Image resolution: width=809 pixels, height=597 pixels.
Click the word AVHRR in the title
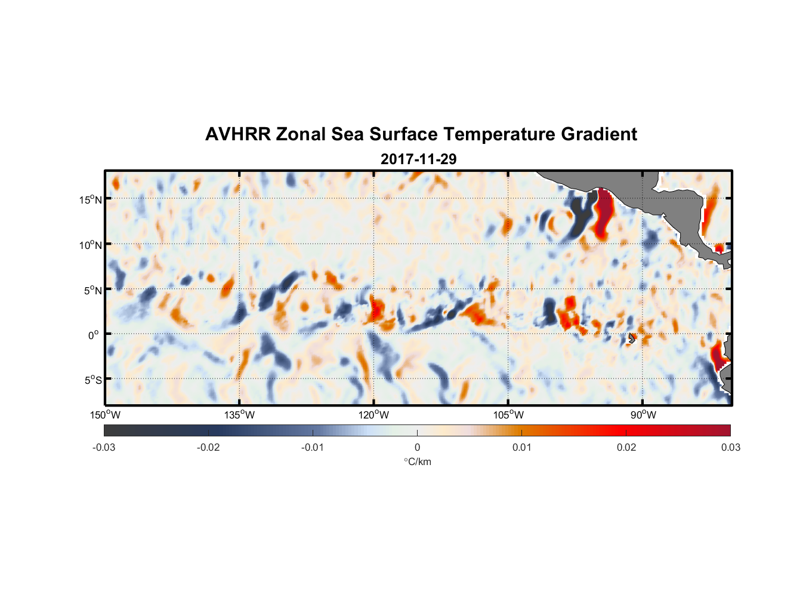(237, 134)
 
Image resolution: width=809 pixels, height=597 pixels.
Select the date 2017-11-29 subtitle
(418, 159)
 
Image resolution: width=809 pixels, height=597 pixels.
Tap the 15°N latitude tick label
(90, 199)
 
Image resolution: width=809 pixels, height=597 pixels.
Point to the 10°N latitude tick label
(90, 245)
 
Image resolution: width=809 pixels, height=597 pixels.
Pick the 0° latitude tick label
(94, 336)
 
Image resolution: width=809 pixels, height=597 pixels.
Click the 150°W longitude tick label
(105, 415)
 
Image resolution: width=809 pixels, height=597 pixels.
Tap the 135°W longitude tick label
(239, 415)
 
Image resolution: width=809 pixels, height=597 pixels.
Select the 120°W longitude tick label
(373, 415)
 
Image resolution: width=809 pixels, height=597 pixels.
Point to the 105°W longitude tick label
(508, 415)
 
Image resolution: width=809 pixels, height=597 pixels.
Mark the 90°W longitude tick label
(643, 415)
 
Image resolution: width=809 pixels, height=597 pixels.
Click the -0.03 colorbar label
(104, 448)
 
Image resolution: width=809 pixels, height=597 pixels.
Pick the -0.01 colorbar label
(313, 448)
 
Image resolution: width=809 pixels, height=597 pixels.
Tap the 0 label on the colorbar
(417, 448)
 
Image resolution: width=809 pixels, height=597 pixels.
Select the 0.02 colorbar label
(626, 448)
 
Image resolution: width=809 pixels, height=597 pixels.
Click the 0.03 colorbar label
(730, 448)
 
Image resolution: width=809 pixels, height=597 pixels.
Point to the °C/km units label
(417, 461)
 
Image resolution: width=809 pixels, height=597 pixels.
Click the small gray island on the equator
(631, 338)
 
